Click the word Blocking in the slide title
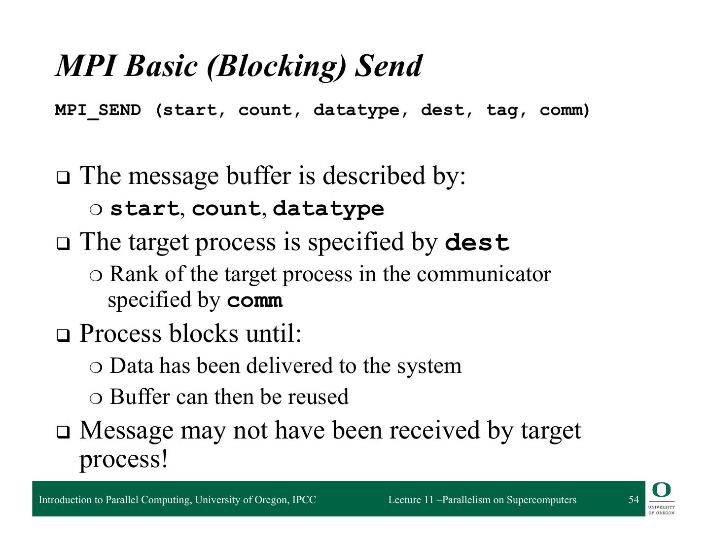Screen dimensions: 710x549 pos(276,67)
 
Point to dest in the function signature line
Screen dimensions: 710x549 pos(442,110)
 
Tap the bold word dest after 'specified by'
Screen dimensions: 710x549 pos(477,243)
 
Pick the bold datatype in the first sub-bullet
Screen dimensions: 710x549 pos(328,209)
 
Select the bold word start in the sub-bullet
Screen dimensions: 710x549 pos(144,209)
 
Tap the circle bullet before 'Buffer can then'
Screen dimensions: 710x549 pos(96,399)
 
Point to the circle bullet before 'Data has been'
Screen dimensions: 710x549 pos(96,367)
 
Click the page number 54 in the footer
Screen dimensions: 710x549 pos(634,499)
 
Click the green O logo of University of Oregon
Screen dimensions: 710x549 pos(661,490)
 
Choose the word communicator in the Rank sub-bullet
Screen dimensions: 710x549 pos(484,274)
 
